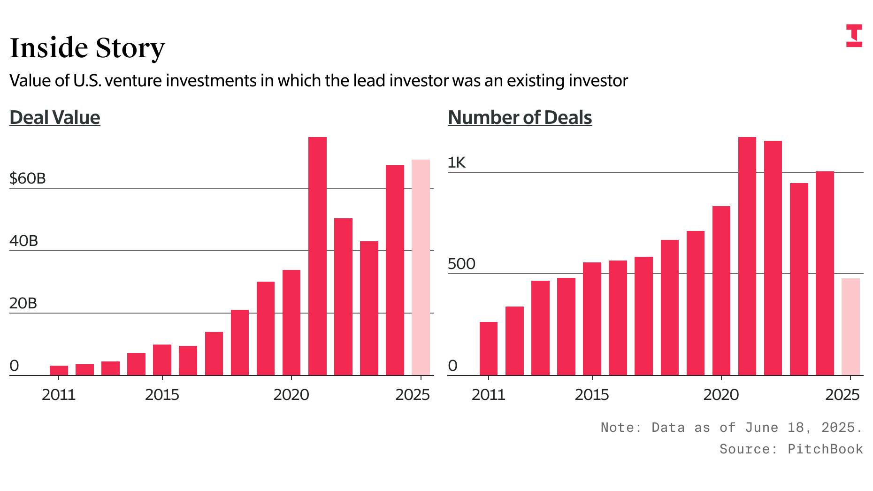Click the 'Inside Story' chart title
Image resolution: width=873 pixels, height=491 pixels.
click(87, 48)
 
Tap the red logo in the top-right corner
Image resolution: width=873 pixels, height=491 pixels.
click(854, 36)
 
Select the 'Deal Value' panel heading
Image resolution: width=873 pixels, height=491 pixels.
click(55, 117)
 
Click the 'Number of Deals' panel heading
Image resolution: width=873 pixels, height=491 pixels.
click(520, 117)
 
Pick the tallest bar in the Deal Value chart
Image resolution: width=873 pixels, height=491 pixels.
click(317, 256)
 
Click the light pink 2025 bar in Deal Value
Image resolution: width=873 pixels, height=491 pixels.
click(421, 268)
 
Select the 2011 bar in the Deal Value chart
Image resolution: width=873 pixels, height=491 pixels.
click(59, 370)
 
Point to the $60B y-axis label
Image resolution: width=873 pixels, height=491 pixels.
click(28, 178)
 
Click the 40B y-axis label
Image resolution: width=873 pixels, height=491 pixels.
click(23, 241)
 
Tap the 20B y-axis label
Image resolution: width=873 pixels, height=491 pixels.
click(23, 303)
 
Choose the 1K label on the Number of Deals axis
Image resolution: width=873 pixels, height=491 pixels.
click(457, 162)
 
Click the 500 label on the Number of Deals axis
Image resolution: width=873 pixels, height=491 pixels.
click(461, 264)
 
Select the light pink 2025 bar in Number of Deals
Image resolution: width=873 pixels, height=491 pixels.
click(850, 327)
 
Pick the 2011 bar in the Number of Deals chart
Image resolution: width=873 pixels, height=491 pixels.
click(489, 348)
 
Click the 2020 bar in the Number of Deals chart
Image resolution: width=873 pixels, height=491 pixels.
click(721, 291)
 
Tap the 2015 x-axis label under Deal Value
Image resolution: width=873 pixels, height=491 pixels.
click(162, 395)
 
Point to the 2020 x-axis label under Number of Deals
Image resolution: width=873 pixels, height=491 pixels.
click(721, 395)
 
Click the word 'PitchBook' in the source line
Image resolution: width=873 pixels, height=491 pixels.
click(825, 449)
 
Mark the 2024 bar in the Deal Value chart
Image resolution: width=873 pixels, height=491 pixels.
click(395, 270)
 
